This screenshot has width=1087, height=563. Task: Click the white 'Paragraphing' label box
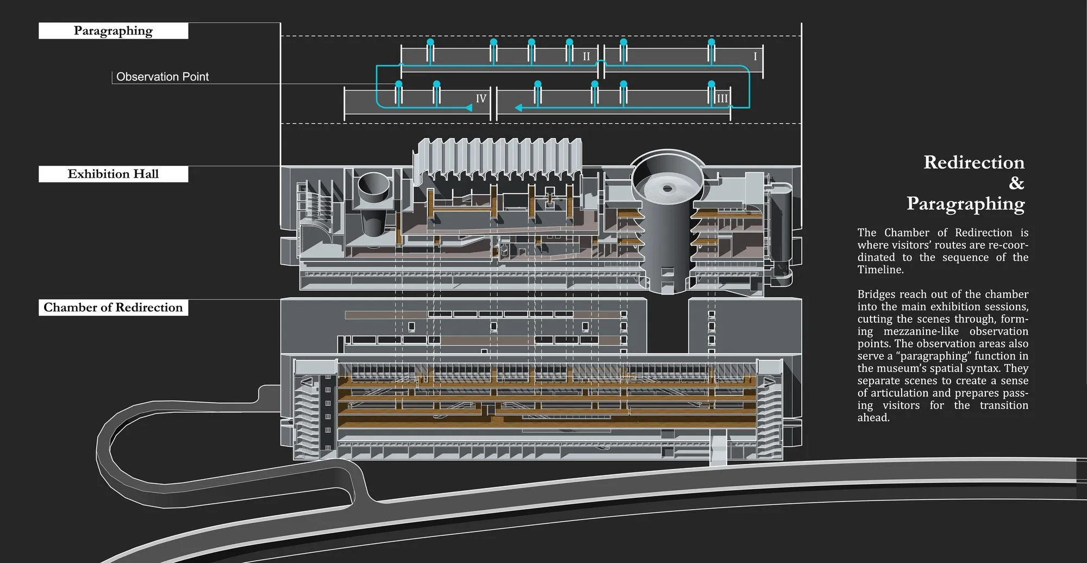113,31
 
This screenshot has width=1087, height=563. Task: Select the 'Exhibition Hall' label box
113,174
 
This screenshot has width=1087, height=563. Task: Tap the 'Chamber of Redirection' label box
113,308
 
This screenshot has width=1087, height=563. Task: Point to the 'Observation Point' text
163,77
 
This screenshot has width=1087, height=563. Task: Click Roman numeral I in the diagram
755,57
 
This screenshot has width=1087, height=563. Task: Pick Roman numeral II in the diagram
586,57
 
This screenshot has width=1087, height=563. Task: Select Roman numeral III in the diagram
722,99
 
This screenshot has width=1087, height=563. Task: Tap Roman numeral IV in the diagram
481,99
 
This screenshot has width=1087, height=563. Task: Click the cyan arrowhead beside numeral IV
468,108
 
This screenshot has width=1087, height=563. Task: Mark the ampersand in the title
1016,183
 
